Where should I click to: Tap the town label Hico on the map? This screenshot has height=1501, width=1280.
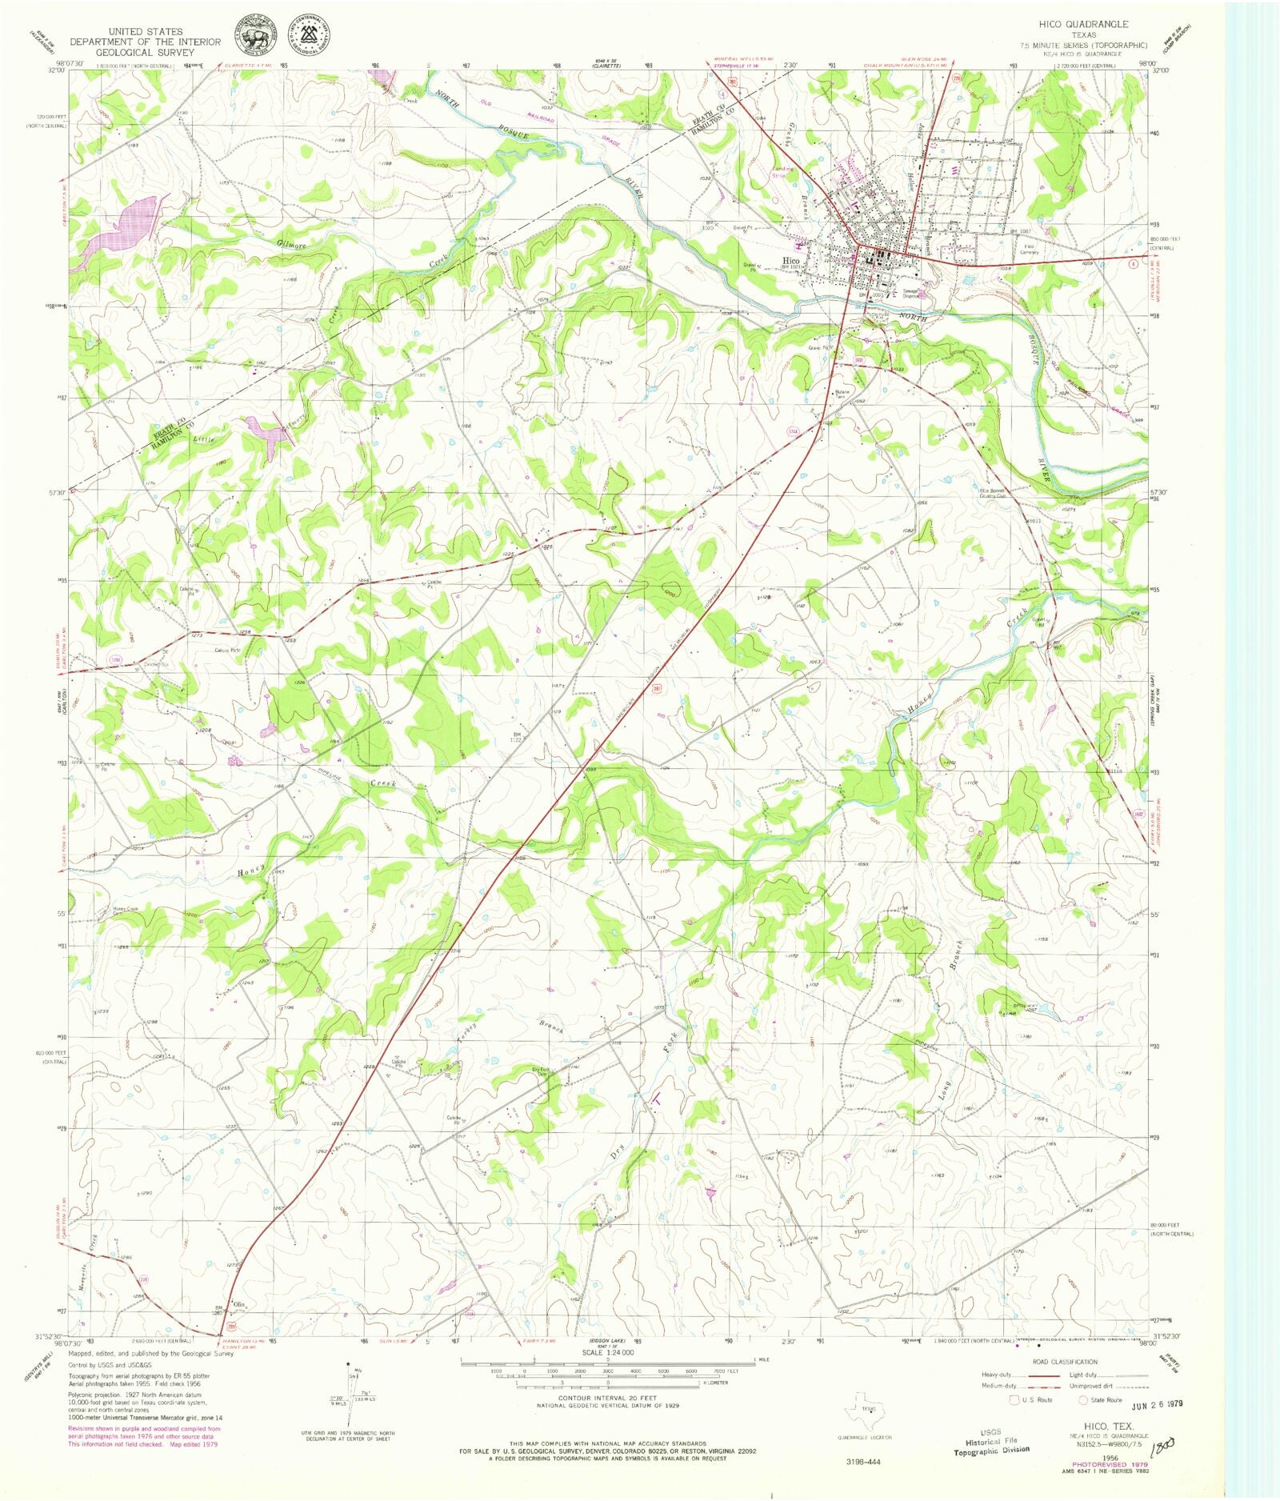[791, 261]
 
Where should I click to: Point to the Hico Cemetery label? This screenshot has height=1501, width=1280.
[1029, 249]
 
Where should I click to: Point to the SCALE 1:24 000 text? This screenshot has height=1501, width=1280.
[607, 1352]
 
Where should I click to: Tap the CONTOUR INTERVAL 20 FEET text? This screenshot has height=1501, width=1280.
[607, 1398]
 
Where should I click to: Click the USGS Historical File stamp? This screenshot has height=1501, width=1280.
[991, 1441]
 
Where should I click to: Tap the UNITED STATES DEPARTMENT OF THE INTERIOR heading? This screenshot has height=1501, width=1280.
[145, 42]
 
